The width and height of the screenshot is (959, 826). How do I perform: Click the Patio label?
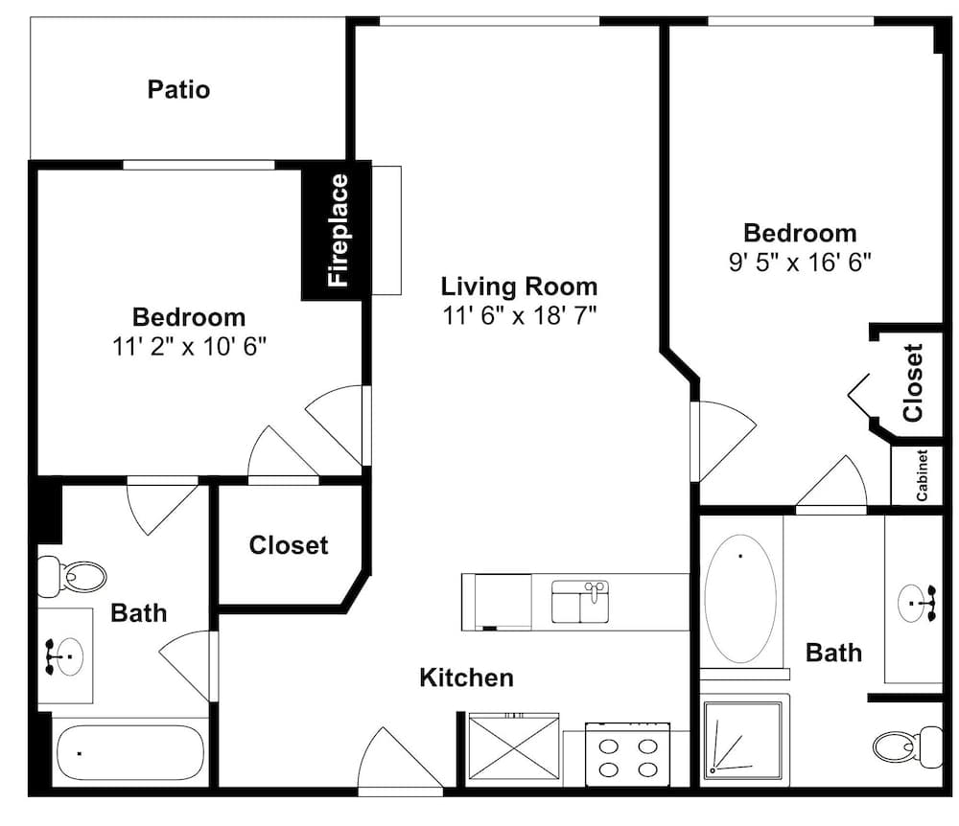pyautogui.click(x=178, y=89)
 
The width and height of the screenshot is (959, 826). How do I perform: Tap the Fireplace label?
pyautogui.click(x=338, y=230)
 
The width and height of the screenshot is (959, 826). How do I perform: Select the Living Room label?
pyautogui.click(x=519, y=287)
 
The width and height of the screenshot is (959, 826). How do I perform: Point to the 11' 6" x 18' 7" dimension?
pyautogui.click(x=519, y=316)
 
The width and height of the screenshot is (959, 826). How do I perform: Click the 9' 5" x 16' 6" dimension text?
pyautogui.click(x=800, y=263)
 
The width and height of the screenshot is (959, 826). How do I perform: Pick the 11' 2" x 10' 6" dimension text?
pyautogui.click(x=189, y=347)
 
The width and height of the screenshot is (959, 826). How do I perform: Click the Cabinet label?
pyautogui.click(x=922, y=475)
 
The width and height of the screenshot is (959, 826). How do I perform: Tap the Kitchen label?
pyautogui.click(x=467, y=677)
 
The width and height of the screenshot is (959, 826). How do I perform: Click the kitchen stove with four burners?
pyautogui.click(x=628, y=755)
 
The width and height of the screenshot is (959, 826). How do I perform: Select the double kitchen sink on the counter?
pyautogui.click(x=580, y=602)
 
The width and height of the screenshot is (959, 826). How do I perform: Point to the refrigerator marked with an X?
pyautogui.click(x=513, y=747)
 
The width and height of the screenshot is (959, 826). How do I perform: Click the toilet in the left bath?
pyautogui.click(x=72, y=576)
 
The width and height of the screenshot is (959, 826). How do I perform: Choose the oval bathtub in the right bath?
pyautogui.click(x=740, y=599)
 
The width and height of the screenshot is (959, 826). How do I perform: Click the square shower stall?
pyautogui.click(x=743, y=741)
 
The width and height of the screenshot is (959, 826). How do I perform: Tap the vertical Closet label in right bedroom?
pyautogui.click(x=913, y=383)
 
